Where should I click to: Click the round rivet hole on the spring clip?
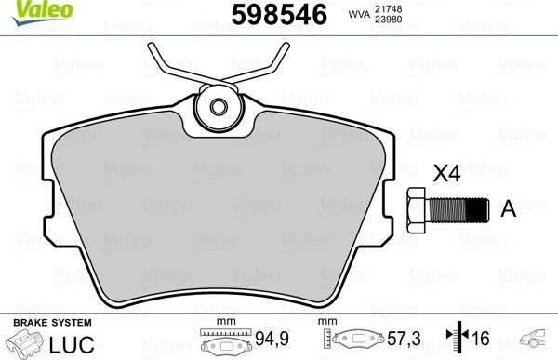pyautogui.click(x=220, y=108)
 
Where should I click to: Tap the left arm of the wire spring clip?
pyautogui.click(x=172, y=65)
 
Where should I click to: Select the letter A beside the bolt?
pyautogui.click(x=508, y=208)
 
